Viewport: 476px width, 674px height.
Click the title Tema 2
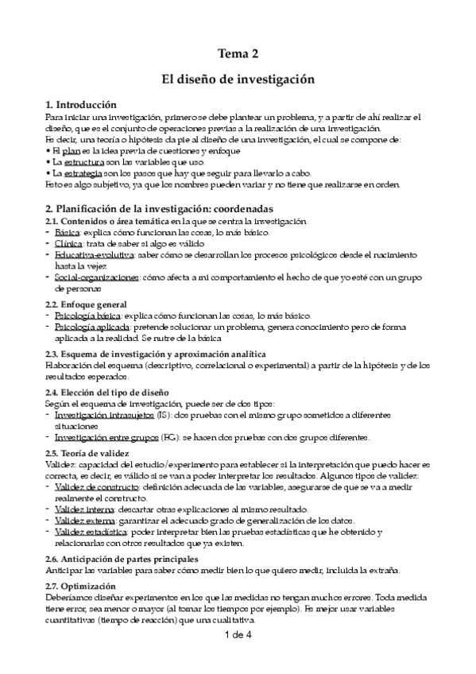coord(238,54)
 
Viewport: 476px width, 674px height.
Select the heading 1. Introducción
coord(81,105)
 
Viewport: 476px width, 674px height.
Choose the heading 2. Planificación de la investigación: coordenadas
coord(167,207)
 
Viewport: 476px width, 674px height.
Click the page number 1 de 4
coord(238,635)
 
